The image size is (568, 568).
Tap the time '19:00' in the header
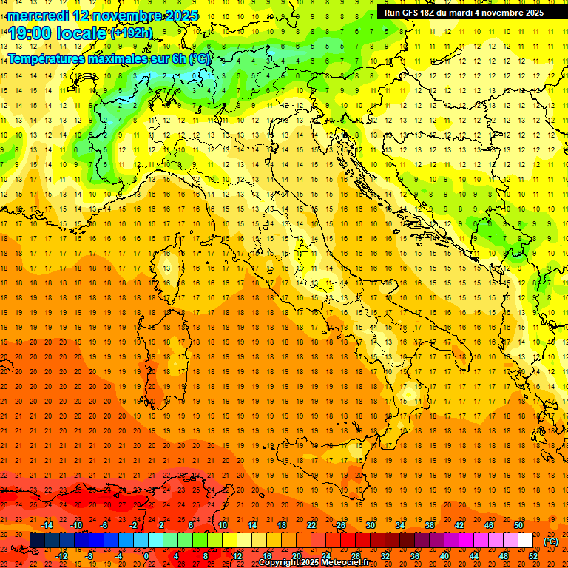click(33, 33)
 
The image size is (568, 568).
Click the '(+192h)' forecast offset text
click(132, 33)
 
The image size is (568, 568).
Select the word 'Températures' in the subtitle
click(44, 58)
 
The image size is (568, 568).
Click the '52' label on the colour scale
click(533, 556)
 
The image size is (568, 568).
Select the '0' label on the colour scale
click(146, 556)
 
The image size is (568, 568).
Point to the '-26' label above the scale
click(339, 525)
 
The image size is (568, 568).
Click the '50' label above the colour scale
click(518, 525)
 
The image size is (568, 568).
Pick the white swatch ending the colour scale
click(525, 541)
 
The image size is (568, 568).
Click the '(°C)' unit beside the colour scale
click(551, 541)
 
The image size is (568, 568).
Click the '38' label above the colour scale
click(429, 525)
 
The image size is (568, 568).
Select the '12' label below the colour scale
click(237, 556)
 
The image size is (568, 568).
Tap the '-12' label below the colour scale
click(61, 556)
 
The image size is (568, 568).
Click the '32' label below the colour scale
click(385, 556)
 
